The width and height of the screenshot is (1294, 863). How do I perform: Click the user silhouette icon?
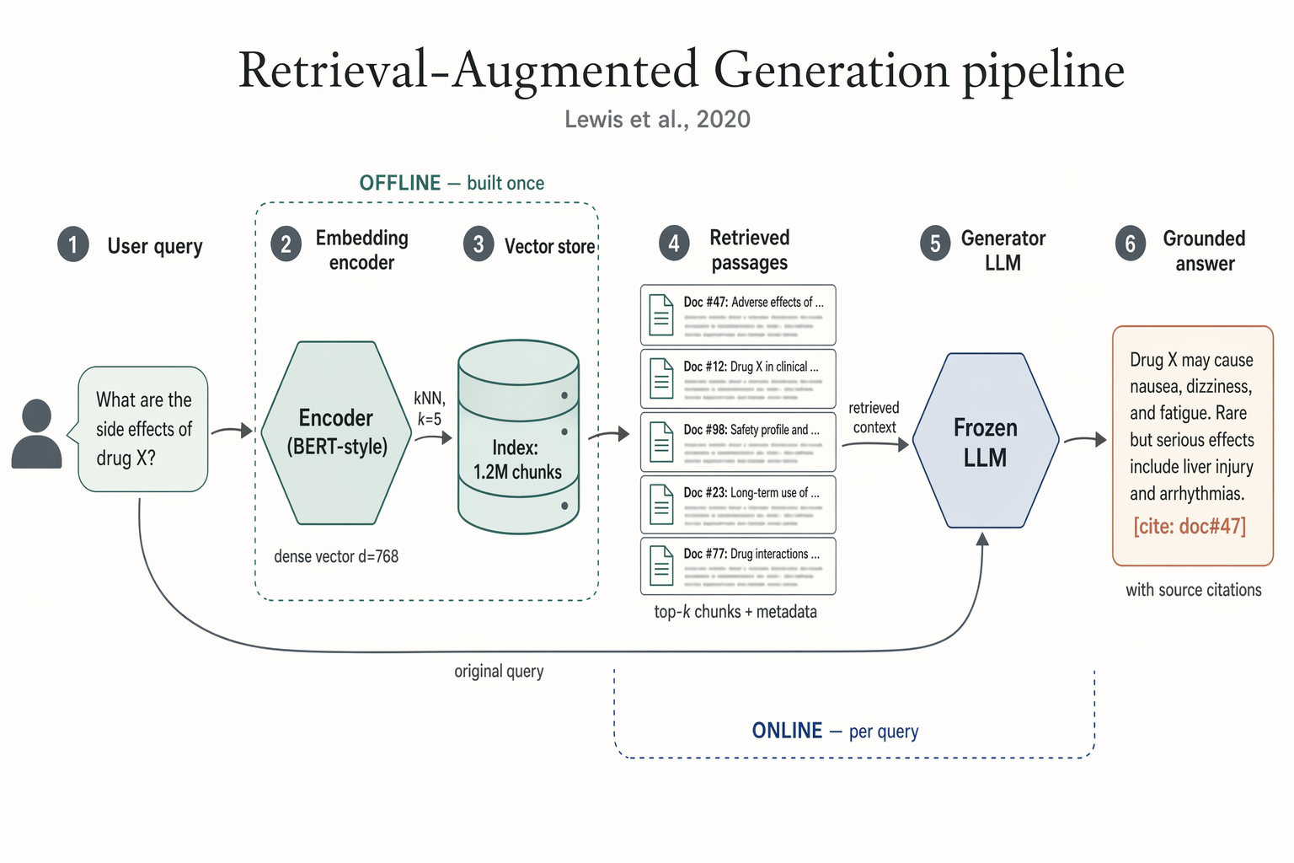click(x=36, y=434)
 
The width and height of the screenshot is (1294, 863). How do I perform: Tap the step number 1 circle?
click(x=73, y=245)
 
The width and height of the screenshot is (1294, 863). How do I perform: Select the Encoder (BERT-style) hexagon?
click(x=336, y=432)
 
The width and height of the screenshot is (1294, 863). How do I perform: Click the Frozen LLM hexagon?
click(x=985, y=441)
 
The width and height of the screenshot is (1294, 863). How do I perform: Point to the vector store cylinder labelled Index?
click(x=518, y=437)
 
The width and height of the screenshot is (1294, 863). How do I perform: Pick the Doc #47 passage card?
click(x=738, y=314)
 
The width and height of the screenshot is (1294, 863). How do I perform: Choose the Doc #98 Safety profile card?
click(x=738, y=442)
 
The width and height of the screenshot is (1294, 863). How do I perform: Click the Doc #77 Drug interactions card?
click(x=738, y=566)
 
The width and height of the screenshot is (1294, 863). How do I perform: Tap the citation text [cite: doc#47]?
click(x=1190, y=527)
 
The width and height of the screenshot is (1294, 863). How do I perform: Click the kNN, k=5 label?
click(x=430, y=409)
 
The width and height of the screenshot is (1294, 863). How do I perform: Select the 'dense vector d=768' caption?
click(x=336, y=556)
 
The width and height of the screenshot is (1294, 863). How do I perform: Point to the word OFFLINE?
click(x=400, y=183)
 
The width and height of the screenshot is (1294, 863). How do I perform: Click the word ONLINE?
click(x=787, y=731)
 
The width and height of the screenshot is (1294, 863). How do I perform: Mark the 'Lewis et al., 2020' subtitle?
click(x=657, y=120)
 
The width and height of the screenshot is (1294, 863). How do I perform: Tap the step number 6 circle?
click(x=1131, y=244)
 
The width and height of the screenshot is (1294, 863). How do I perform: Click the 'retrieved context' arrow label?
click(x=874, y=418)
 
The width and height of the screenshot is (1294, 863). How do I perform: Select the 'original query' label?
click(x=499, y=672)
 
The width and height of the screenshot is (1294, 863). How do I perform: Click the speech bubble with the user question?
click(x=143, y=429)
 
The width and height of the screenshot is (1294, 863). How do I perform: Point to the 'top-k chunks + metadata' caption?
click(x=735, y=612)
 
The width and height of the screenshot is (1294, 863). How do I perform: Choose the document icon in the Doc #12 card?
click(x=661, y=378)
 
